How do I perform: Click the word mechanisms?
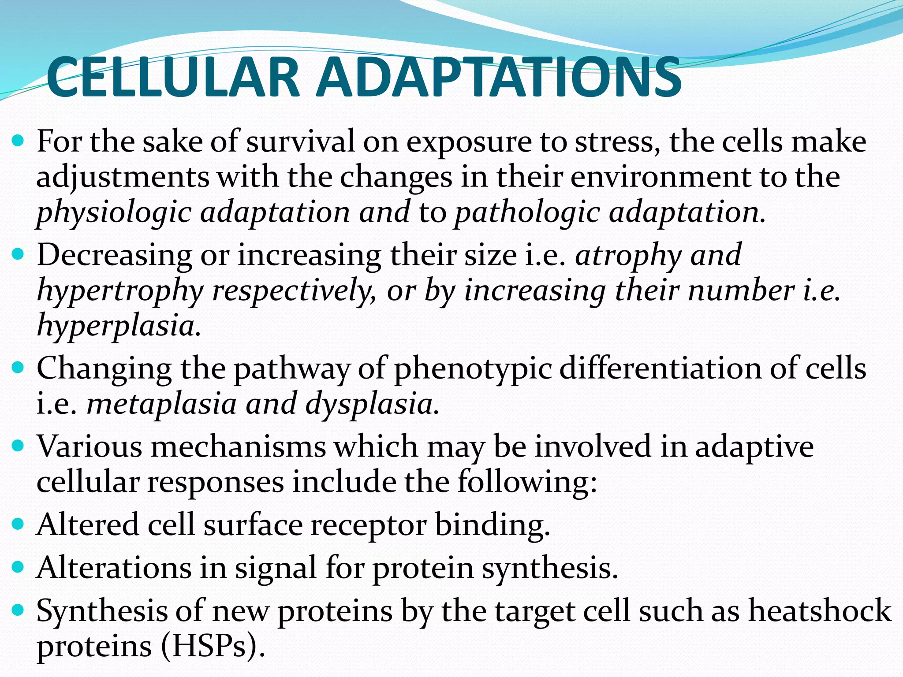pyautogui.click(x=238, y=447)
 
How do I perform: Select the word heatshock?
pyautogui.click(x=820, y=611)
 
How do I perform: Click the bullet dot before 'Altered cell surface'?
pyautogui.click(x=18, y=524)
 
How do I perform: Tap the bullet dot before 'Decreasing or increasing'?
pyautogui.click(x=18, y=254)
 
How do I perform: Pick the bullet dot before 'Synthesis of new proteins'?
pyautogui.click(x=18, y=610)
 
